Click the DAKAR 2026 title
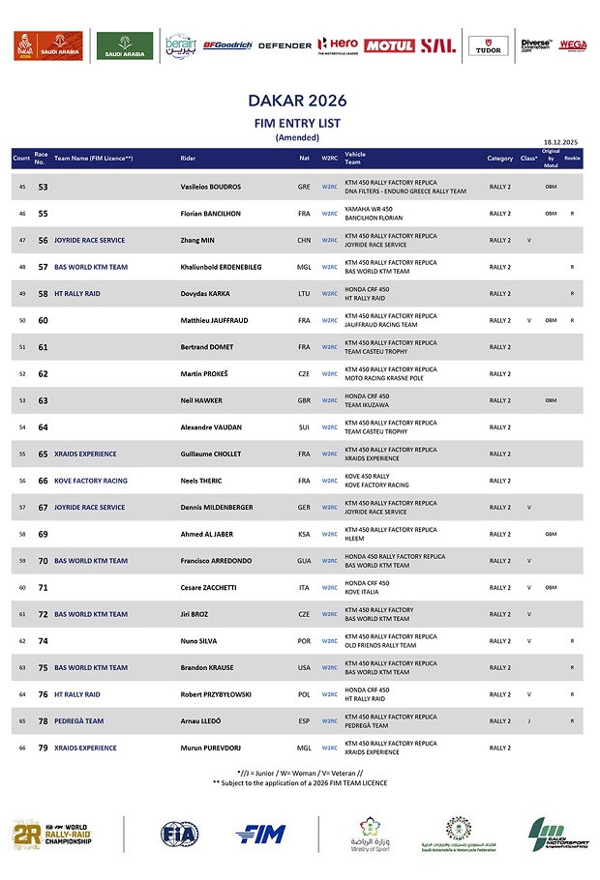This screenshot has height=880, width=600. (297, 101)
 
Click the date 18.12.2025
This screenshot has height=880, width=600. (560, 141)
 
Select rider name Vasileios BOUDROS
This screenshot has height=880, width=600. (211, 187)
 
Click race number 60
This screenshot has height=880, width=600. (43, 320)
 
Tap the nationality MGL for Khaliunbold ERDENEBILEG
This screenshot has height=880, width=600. (304, 267)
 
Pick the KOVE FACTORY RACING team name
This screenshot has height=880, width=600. (90, 481)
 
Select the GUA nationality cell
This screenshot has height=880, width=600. (304, 561)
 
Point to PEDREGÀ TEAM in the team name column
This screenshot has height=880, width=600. (78, 721)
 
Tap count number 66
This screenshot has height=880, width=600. (22, 748)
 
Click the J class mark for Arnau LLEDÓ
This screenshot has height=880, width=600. (528, 721)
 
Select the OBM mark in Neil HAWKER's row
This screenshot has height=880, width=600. (551, 400)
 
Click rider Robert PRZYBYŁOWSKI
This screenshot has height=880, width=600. (218, 694)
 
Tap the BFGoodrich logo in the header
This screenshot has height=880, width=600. (227, 45)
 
